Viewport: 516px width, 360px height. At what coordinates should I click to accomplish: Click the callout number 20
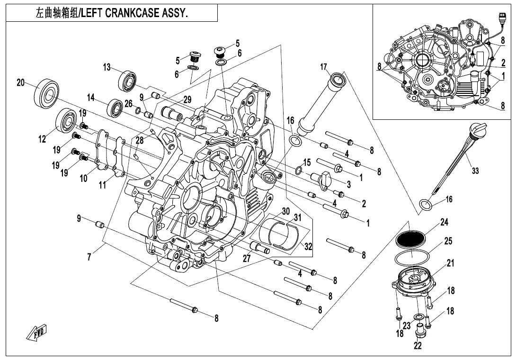point(20,82)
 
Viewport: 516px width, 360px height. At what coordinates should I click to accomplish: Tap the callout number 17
point(323,67)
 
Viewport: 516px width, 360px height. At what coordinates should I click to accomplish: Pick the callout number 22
point(418,346)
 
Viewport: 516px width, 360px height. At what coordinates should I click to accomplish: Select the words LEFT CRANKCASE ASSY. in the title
point(134,13)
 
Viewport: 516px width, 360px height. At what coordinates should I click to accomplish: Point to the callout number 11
point(102,185)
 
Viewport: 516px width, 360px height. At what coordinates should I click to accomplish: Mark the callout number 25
point(448,241)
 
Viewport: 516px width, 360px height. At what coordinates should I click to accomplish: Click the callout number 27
point(246,258)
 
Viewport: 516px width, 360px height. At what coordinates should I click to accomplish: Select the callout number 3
point(348,184)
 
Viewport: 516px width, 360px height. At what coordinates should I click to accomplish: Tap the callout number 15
point(307,162)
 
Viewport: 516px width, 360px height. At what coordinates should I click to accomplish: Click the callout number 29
point(187,99)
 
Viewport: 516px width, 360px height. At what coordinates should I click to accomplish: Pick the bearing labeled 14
point(115,108)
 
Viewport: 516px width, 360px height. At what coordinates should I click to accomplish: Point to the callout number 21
point(450,263)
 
